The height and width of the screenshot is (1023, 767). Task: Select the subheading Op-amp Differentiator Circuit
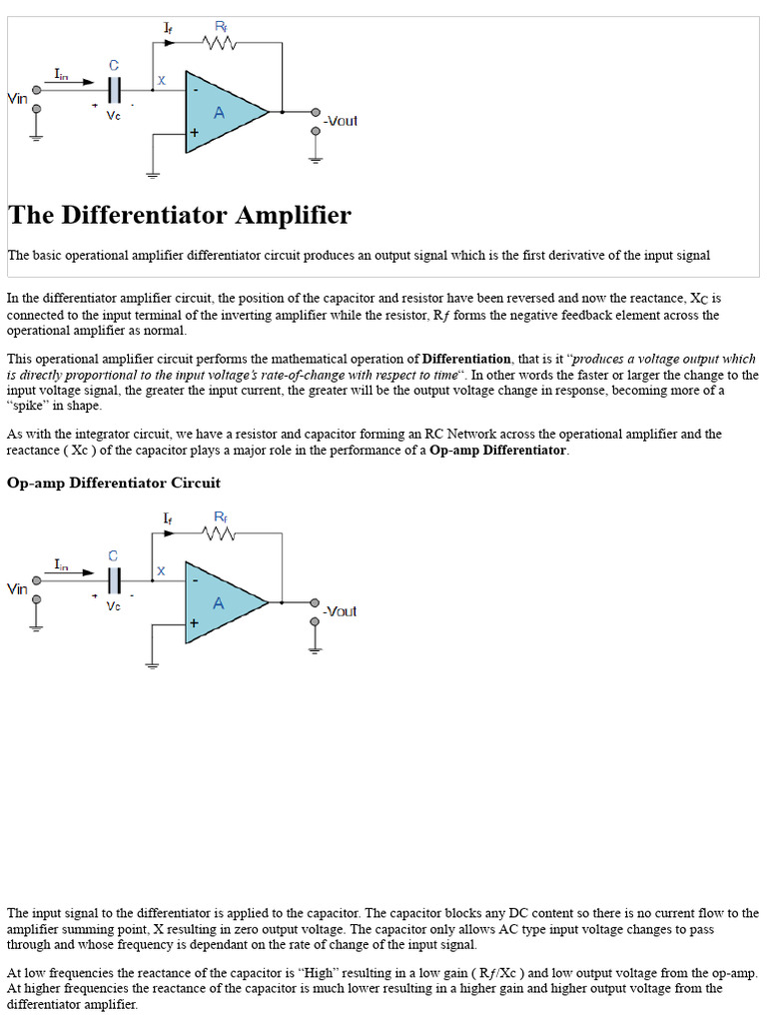click(114, 483)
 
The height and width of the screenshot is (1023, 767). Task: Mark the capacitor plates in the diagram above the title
click(114, 89)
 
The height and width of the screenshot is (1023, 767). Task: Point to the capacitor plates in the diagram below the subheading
click(114, 579)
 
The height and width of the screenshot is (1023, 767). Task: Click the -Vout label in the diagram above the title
click(340, 121)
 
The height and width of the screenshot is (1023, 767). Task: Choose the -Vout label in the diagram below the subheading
click(340, 611)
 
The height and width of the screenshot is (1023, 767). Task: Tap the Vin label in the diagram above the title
click(17, 98)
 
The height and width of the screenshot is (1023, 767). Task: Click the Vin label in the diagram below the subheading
click(17, 588)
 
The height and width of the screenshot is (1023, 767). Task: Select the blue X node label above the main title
click(162, 80)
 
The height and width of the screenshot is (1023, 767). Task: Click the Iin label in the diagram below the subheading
click(62, 564)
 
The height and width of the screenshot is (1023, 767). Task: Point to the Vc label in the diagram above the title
click(114, 115)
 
